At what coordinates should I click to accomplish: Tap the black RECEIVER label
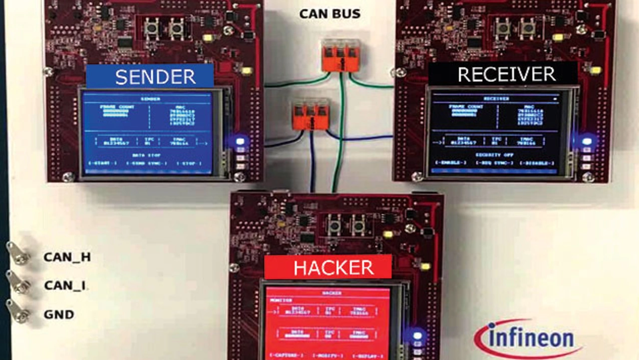[x=503, y=74]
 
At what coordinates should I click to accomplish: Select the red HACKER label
[x=327, y=268]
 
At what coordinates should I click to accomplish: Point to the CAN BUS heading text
[x=330, y=13]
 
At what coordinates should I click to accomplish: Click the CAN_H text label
[x=67, y=257]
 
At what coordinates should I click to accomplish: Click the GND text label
[x=59, y=315]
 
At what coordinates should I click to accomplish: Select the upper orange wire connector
[x=340, y=54]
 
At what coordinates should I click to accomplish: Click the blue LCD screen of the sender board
[x=148, y=132]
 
